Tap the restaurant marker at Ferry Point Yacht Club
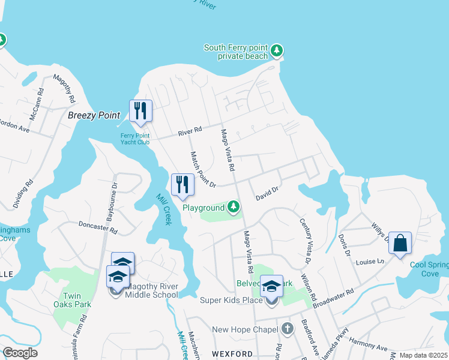click(x=140, y=112)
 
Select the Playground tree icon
click(x=234, y=208)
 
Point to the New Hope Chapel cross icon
click(x=288, y=329)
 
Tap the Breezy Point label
click(x=94, y=115)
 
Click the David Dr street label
click(x=267, y=193)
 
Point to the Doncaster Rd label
click(x=98, y=227)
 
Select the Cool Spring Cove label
click(x=429, y=269)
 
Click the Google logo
click(x=20, y=353)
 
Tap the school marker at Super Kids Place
click(x=271, y=287)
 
